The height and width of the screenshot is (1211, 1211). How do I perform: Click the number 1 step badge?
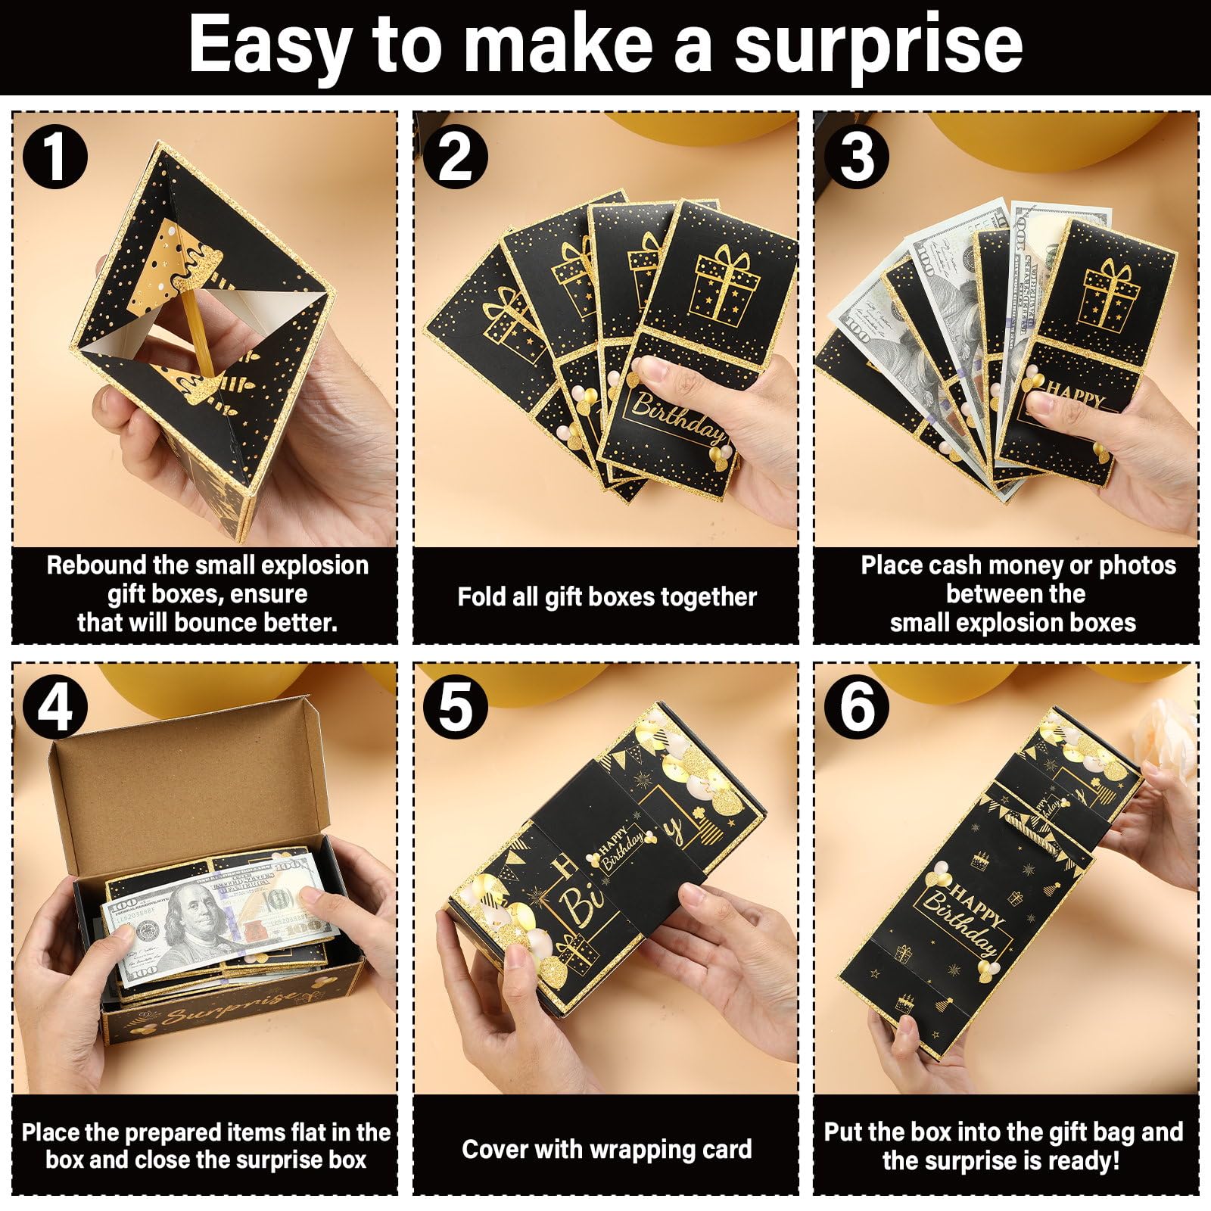(x=54, y=157)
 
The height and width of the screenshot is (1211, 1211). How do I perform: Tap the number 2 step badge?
(x=456, y=157)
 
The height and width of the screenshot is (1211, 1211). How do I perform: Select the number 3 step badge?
(x=857, y=157)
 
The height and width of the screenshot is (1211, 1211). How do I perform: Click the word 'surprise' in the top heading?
(x=879, y=47)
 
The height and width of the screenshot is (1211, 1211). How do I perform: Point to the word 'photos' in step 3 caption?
(x=1138, y=566)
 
